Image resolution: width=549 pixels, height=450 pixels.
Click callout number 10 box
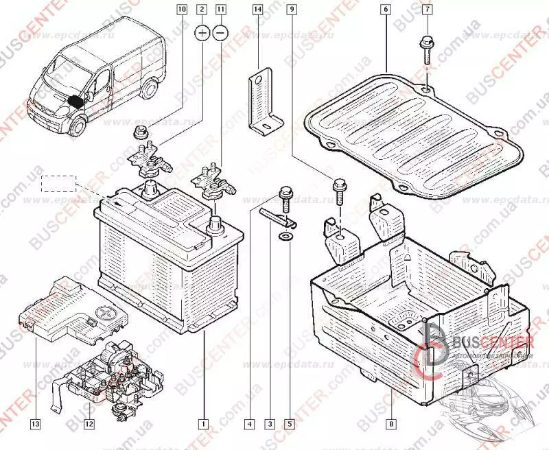181,10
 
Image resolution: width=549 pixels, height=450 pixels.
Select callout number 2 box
202,10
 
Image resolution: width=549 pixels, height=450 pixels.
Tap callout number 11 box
220,10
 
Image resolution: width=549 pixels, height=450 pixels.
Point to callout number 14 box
257,10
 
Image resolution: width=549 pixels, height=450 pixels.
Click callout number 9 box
292,10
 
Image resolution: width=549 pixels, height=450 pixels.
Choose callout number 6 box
386,10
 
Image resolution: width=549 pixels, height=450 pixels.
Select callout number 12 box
89,424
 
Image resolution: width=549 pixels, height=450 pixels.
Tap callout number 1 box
202,424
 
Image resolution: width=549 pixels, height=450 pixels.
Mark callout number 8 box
391,424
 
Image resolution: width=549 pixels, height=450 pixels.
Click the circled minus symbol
220,32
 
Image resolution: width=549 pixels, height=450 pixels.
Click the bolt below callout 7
424,52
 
